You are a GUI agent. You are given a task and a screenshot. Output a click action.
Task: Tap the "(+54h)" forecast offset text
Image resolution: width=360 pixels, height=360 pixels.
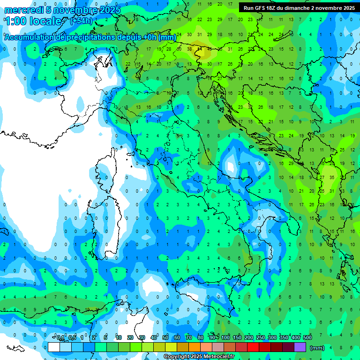[x=81, y=21]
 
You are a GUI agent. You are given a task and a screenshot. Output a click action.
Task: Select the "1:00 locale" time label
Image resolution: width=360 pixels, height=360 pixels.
[x=33, y=21]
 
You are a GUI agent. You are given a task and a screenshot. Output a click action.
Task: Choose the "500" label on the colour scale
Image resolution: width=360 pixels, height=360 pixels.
[x=307, y=338]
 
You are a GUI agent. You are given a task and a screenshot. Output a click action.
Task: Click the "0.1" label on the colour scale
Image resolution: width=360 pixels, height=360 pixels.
[x=60, y=338]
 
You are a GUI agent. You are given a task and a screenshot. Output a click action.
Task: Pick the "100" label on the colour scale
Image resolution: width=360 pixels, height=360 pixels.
[x=225, y=338]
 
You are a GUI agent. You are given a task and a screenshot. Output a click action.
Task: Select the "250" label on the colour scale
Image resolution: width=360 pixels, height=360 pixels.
[x=261, y=338]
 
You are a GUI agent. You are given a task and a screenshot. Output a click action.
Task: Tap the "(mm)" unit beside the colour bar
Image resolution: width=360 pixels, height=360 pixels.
[x=317, y=348]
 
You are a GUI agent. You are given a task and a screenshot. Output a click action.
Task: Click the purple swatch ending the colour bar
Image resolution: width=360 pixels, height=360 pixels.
[x=300, y=347]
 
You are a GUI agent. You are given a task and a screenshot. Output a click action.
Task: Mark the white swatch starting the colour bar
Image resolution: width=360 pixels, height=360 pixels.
[x=54, y=347]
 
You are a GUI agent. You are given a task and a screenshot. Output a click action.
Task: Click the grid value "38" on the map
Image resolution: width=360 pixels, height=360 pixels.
[x=189, y=49]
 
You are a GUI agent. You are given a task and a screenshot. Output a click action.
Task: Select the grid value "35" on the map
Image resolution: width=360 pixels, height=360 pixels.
[x=332, y=177]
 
